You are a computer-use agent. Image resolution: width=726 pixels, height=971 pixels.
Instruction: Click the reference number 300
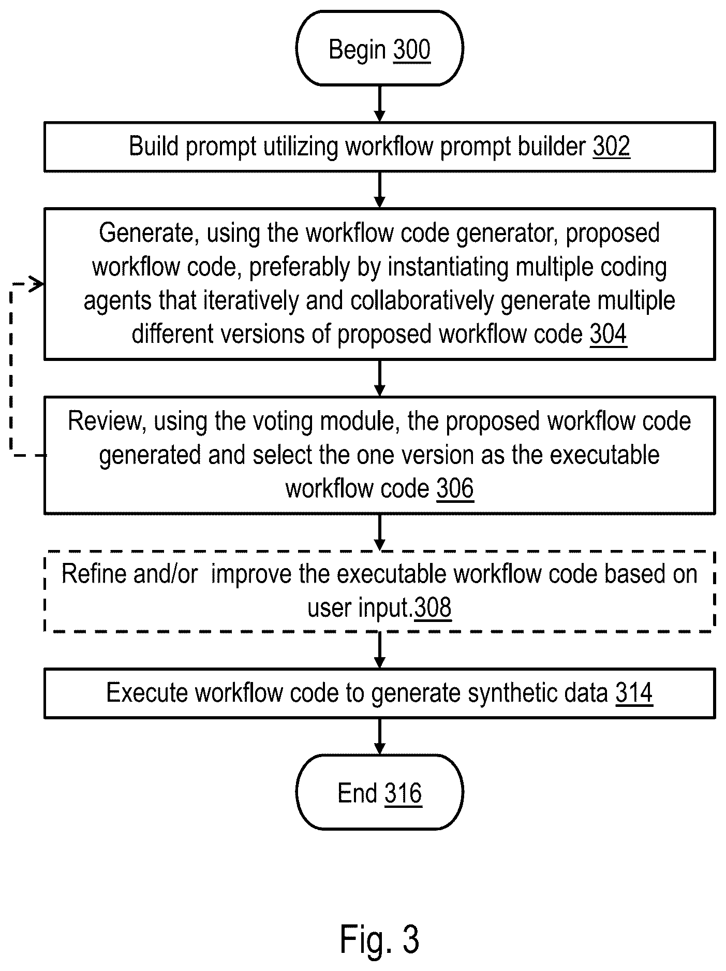pos(411,50)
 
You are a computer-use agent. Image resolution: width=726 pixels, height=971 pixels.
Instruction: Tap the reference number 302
pos(611,147)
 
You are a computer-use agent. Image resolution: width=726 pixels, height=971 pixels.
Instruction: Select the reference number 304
pos(608,334)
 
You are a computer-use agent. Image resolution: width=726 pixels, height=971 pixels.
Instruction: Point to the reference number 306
pos(455,488)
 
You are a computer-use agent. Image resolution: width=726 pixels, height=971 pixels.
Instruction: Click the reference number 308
pos(433,607)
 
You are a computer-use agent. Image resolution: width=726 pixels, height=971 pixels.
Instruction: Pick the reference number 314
pos(634,693)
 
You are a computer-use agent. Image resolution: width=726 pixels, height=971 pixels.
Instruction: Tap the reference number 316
pos(403,793)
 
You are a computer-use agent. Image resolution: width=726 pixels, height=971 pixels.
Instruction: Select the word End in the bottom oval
pos(357,793)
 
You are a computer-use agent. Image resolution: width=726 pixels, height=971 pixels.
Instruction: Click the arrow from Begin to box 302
pos(380,104)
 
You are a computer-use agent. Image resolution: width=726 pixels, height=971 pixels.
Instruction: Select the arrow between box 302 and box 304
pos(380,190)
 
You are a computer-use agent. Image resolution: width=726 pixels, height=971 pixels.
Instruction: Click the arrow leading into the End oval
pos(380,736)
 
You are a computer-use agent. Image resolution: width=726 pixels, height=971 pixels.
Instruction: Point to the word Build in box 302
pos(154,147)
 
